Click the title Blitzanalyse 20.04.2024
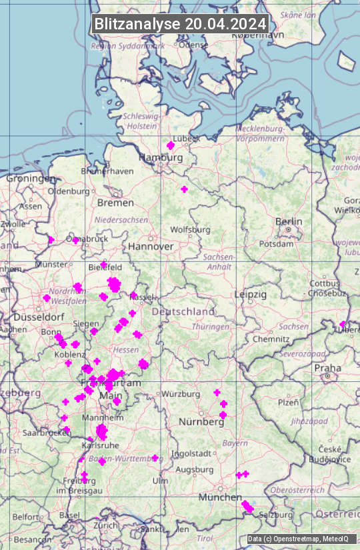pyautogui.click(x=180, y=23)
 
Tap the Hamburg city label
pyautogui.click(x=160, y=158)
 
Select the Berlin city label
pyautogui.click(x=289, y=221)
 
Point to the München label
pyautogui.click(x=220, y=497)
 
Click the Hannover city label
pyautogui.click(x=151, y=246)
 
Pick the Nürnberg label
pyautogui.click(x=201, y=422)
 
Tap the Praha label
pyautogui.click(x=327, y=368)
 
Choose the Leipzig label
pyautogui.click(x=251, y=294)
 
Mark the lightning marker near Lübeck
pyautogui.click(x=170, y=145)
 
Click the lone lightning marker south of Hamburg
pyautogui.click(x=185, y=189)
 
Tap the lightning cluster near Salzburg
pyautogui.click(x=247, y=507)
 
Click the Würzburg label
pyautogui.click(x=181, y=394)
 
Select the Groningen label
pyautogui.click(x=31, y=179)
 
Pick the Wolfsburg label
pyautogui.click(x=190, y=229)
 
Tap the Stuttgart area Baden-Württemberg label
pyautogui.click(x=126, y=459)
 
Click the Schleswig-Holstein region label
pyautogui.click(x=141, y=121)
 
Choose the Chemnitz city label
pyautogui.click(x=271, y=339)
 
